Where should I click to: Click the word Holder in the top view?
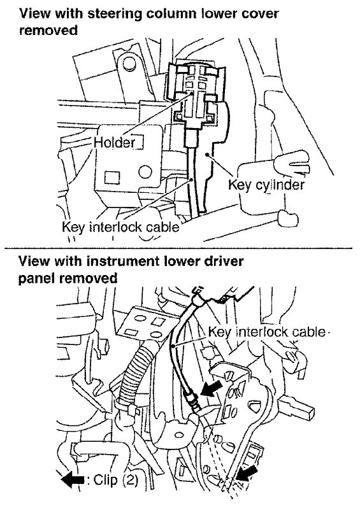point(115,143)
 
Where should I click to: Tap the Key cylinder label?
point(266,185)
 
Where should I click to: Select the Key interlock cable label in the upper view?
point(120,227)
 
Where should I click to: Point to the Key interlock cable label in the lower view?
point(266,332)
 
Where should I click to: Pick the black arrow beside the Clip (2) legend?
point(73,480)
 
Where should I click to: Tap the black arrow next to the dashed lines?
point(247,474)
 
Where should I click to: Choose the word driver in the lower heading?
point(222,262)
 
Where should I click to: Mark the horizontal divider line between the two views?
point(178,248)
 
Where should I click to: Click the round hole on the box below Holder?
point(145,171)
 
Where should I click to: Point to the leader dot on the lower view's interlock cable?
point(174,347)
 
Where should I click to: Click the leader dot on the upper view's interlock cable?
point(192,179)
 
